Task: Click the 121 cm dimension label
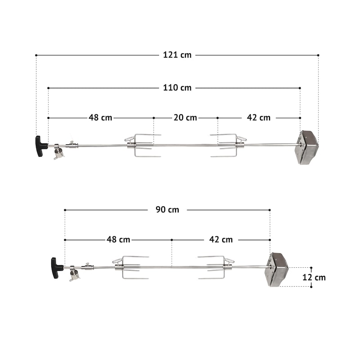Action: coord(177,55)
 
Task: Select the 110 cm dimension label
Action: coord(177,88)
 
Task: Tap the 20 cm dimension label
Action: coord(185,117)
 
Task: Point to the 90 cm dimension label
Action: coord(167,210)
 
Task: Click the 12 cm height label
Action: coord(314,277)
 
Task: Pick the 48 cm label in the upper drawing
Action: coord(100,117)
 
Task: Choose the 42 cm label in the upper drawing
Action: coord(259,117)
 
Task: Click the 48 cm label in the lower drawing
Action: coord(118,240)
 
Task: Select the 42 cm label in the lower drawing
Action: coord(221,240)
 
